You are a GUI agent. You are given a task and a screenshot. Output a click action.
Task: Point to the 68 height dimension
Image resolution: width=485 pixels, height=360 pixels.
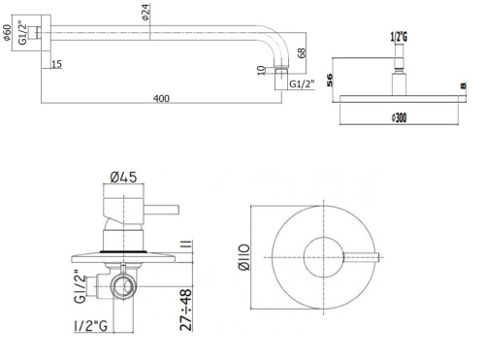click(x=302, y=52)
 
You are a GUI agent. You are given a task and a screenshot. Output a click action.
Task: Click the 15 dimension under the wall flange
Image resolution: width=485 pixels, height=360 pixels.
click(x=57, y=65)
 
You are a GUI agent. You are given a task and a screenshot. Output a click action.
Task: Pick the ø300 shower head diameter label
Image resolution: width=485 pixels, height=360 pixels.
click(x=401, y=117)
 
